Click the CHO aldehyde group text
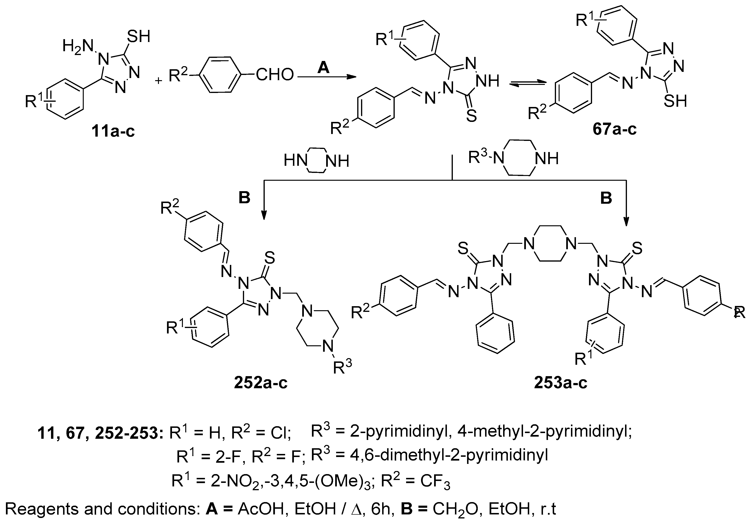[275, 75]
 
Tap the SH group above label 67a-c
[675, 101]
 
